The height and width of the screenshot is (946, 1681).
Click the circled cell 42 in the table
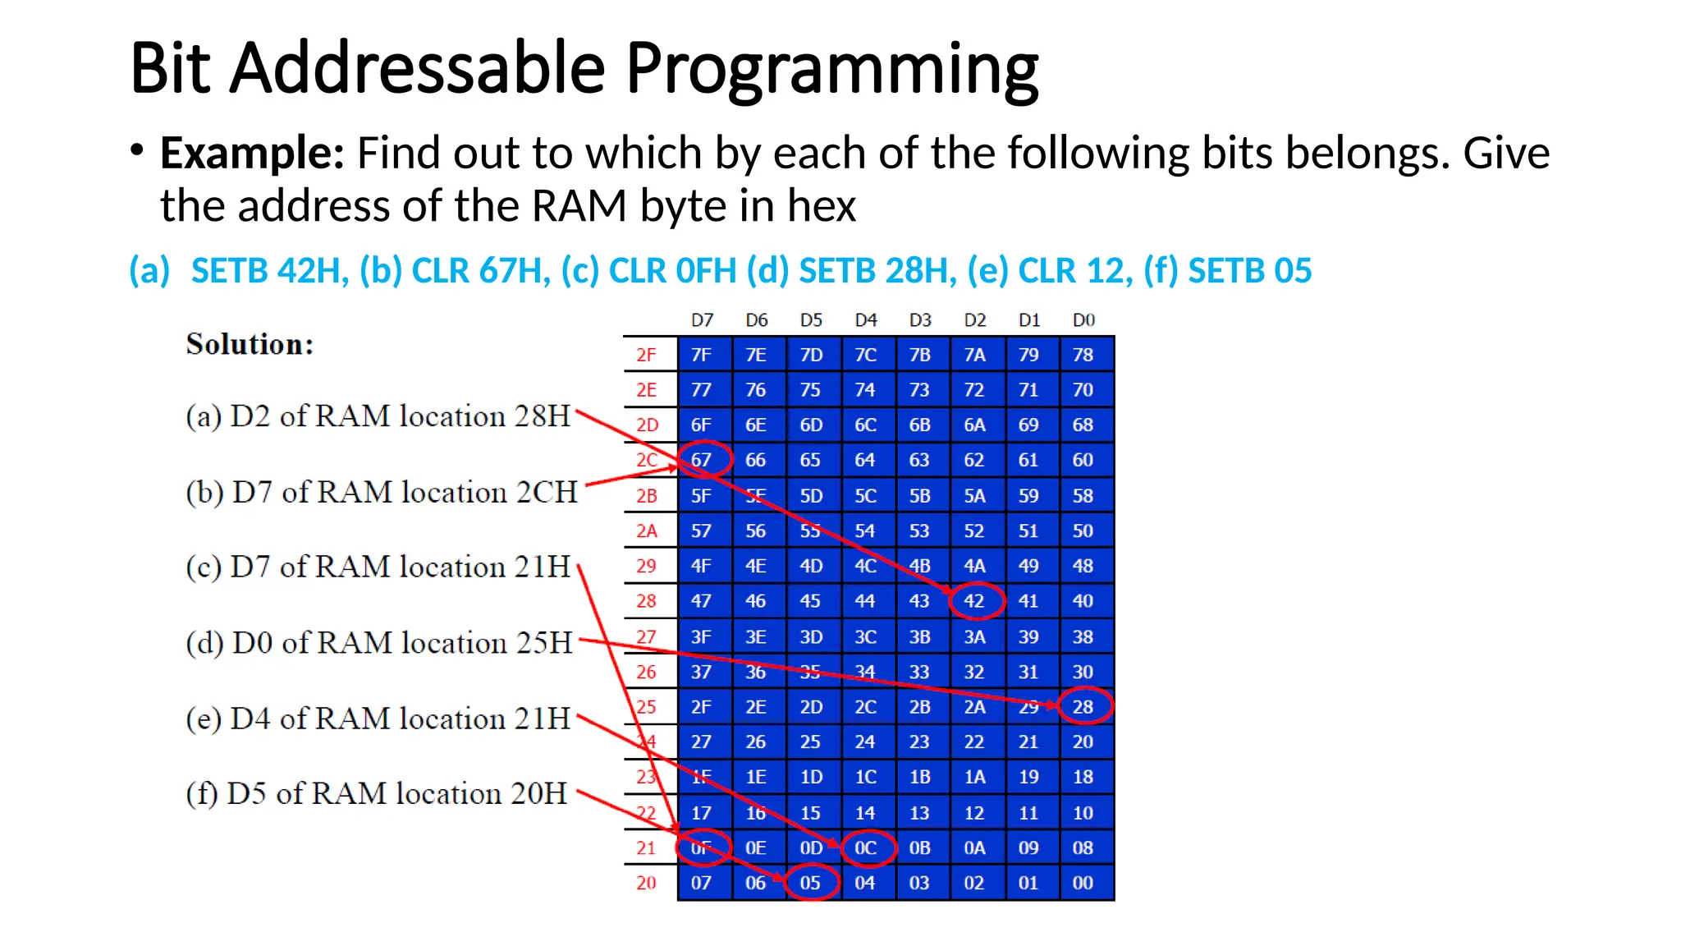974,601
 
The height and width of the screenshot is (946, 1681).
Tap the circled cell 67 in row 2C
702,460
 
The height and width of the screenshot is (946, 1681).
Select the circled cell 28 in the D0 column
1083,707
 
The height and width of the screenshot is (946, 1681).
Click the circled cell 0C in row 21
866,848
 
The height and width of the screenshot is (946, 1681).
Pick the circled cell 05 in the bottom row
811,884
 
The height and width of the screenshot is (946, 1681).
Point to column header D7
702,320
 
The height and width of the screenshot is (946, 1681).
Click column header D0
1083,320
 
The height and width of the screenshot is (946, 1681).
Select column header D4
865,320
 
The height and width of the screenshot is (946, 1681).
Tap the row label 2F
647,355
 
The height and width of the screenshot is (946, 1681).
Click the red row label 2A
647,531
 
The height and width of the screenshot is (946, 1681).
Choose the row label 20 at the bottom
647,884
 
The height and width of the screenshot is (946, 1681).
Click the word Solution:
250,344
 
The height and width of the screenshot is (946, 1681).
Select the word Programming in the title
831,69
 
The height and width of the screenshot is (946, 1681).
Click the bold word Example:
252,154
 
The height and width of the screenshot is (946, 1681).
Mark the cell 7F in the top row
702,355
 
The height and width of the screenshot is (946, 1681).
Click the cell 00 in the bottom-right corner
1083,884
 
